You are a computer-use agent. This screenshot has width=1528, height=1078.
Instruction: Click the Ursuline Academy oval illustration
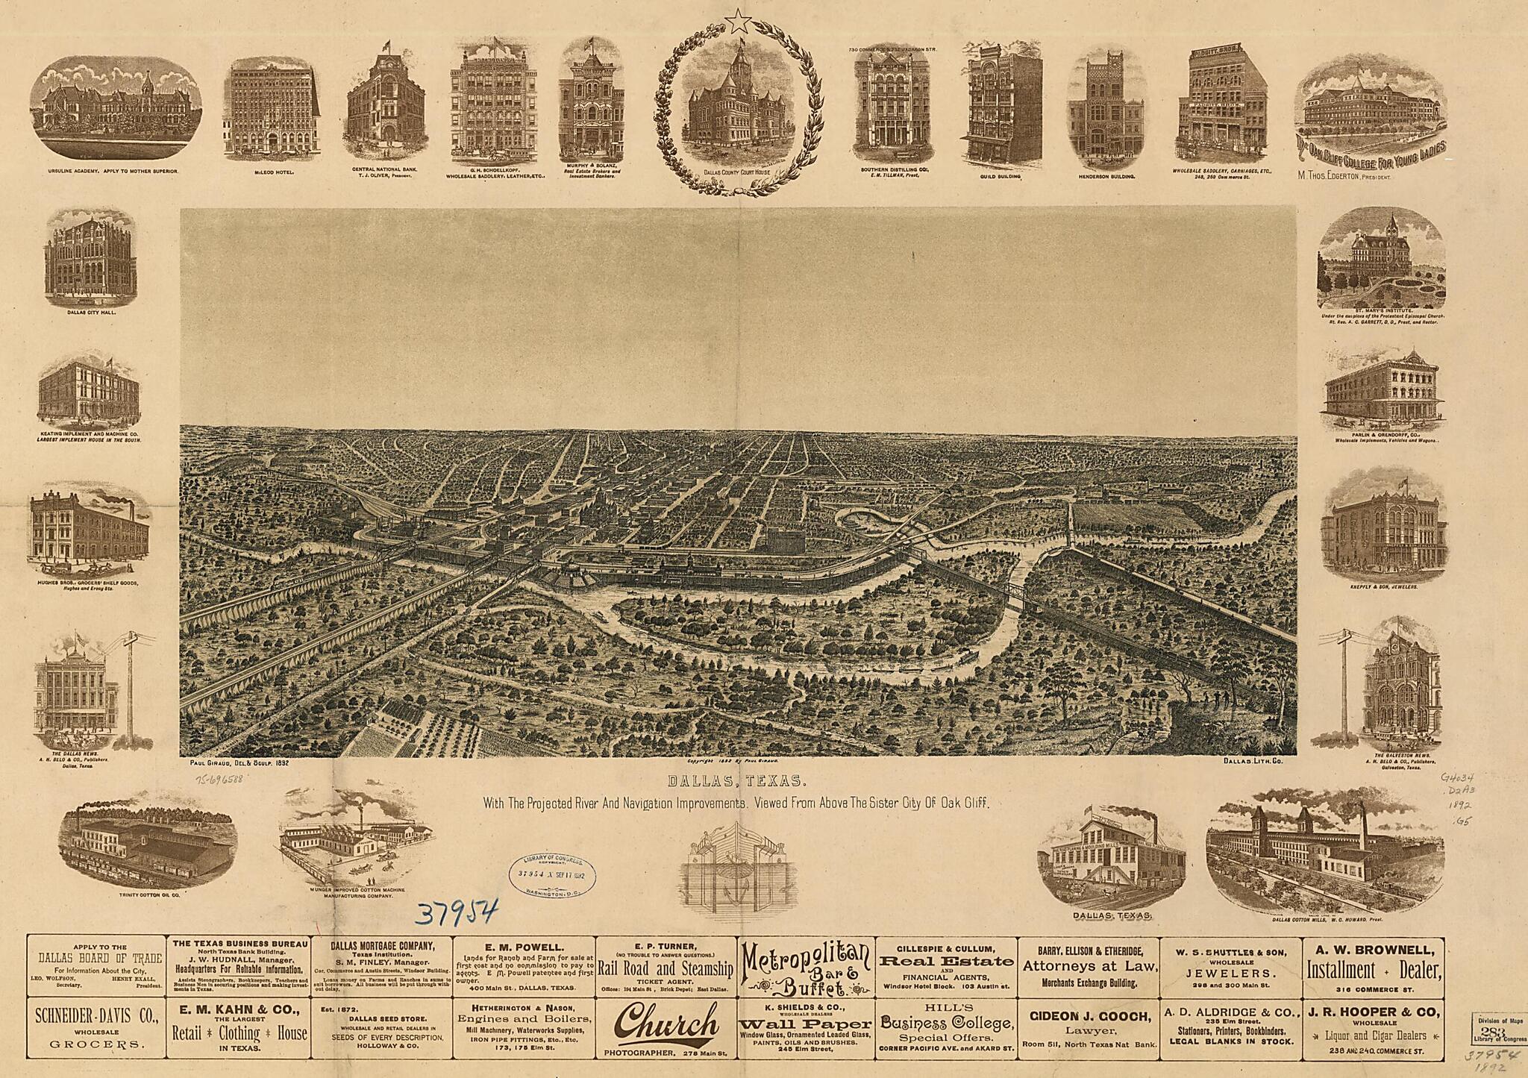[116, 110]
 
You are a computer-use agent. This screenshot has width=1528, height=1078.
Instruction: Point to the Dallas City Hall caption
[90, 312]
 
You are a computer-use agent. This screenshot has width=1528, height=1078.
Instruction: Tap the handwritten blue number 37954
[455, 912]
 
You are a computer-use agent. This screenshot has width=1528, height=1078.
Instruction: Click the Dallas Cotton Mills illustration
[1324, 856]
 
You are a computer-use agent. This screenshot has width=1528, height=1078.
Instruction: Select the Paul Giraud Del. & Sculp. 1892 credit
[234, 763]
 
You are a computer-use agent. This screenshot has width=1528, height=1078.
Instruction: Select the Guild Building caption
[999, 177]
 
